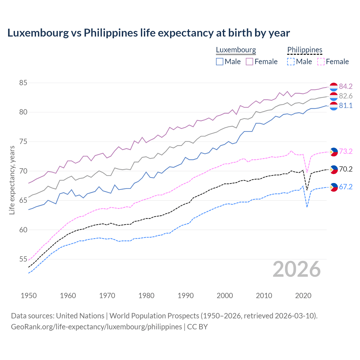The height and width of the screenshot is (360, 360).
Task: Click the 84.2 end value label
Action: coord(346,86)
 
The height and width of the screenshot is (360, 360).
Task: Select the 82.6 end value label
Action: coord(346,96)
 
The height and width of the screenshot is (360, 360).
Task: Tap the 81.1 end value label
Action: coord(346,106)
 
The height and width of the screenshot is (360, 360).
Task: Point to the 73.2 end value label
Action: coord(346,151)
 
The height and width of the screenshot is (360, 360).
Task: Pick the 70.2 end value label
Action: coord(346,169)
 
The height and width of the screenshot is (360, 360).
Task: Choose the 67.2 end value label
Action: coord(346,187)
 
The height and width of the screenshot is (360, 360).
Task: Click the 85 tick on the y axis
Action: coord(23,83)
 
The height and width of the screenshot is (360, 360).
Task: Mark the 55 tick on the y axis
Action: coord(23,259)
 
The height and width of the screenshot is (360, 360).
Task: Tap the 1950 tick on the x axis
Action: coord(29,296)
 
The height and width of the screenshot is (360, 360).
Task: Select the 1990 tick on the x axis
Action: coord(186,296)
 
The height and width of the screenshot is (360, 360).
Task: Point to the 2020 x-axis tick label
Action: coord(303,296)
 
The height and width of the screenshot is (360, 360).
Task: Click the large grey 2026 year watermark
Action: coord(297,269)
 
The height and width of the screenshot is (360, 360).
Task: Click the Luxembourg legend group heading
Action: coord(236,50)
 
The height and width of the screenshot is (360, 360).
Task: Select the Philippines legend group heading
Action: coord(305,50)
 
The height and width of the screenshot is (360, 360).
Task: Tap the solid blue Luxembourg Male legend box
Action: coord(220,62)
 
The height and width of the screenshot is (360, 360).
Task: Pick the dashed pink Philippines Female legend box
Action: coord(321,62)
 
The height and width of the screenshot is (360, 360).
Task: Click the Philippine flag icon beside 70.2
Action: coord(334,169)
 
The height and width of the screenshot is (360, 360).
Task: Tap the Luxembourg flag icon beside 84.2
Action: coord(334,87)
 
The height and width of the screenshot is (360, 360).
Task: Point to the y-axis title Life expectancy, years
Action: coord(12,180)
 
